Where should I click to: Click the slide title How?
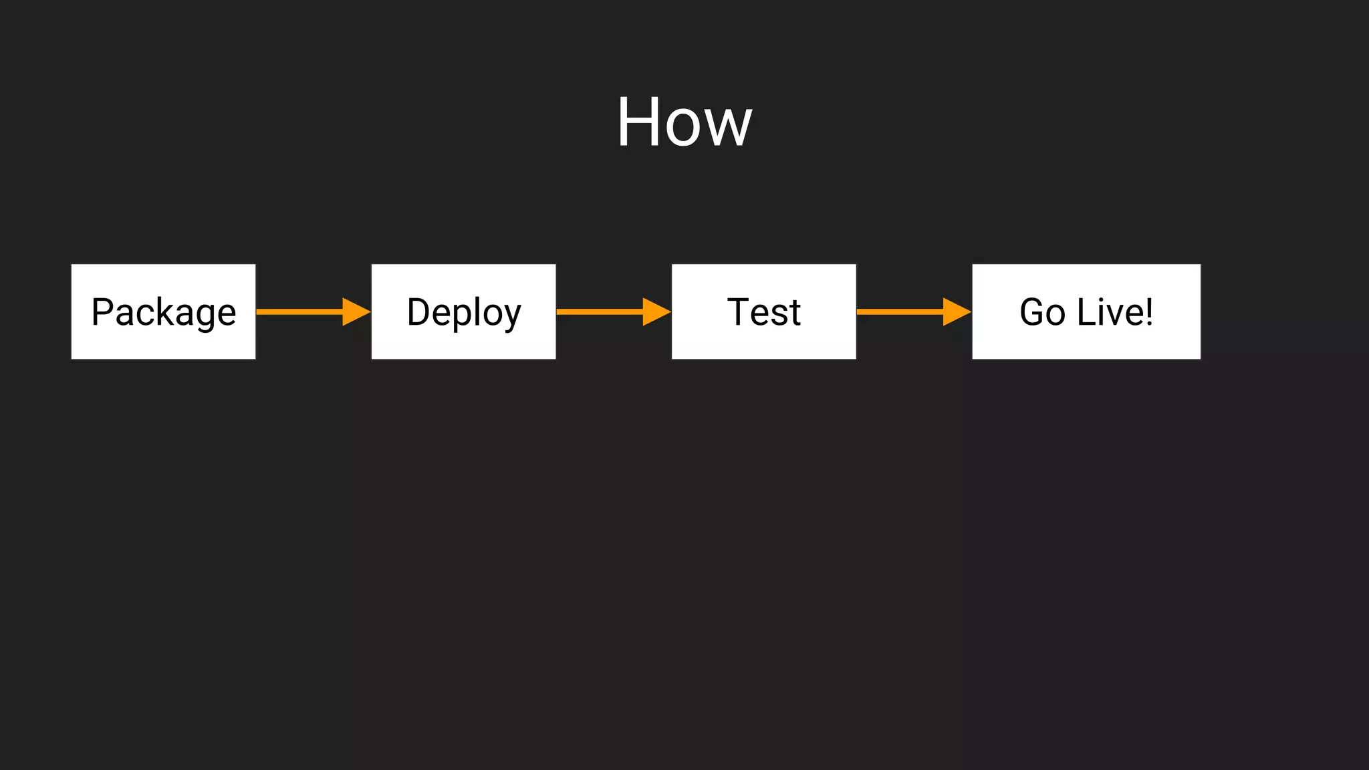coord(684,122)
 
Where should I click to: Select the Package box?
coord(164,311)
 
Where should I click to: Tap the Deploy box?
coord(464,311)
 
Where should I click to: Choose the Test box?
coord(764,311)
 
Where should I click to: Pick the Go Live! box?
coord(1086,311)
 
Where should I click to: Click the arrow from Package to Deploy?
coord(301,311)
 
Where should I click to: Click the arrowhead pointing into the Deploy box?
coord(356,311)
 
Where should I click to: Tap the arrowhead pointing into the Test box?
coord(656,311)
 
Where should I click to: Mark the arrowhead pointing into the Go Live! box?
coord(956,311)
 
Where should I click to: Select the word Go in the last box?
coord(1042,312)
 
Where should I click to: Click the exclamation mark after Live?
coord(1149,311)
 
